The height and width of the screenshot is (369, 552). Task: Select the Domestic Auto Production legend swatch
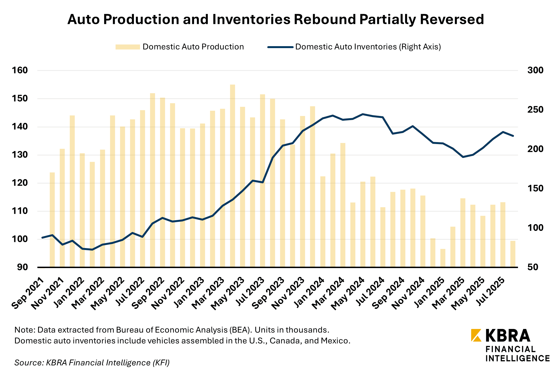[x=128, y=47]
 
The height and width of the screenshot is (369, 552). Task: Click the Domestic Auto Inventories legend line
[x=280, y=47]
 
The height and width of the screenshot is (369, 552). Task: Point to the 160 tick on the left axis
[x=20, y=70]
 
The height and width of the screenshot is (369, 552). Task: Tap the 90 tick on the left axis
[x=23, y=267]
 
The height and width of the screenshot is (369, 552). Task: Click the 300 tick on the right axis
[x=535, y=70]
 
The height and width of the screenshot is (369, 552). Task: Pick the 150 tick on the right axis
[x=535, y=189]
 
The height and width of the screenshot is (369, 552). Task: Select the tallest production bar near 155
[x=233, y=175]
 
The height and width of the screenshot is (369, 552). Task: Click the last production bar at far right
[x=513, y=254]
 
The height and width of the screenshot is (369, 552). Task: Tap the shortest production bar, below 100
[x=443, y=258]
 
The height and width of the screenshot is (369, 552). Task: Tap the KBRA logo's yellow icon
[x=476, y=335]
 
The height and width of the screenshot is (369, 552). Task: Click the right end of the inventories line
[x=513, y=136]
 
